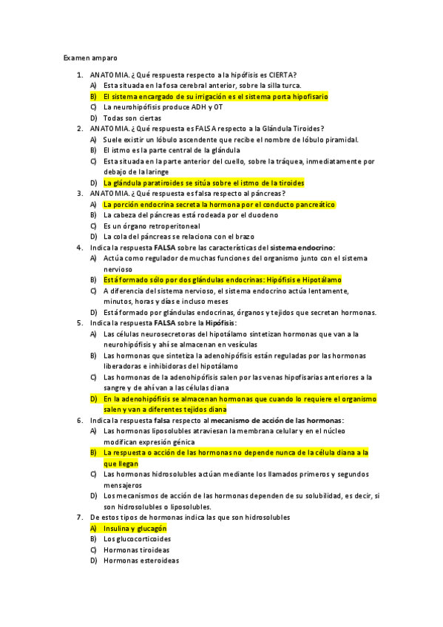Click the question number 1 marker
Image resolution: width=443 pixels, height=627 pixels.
[x=79, y=75]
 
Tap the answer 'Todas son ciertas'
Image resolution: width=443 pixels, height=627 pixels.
[x=132, y=118]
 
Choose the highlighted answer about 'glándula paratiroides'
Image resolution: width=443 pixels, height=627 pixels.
[x=203, y=183]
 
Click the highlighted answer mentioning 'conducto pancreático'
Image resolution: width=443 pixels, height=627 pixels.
[x=219, y=204]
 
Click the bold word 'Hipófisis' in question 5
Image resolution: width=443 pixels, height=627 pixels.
[x=220, y=323]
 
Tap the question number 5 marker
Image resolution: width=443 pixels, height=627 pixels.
[x=79, y=323]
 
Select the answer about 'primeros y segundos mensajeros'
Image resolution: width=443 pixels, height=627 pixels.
[x=236, y=479]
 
